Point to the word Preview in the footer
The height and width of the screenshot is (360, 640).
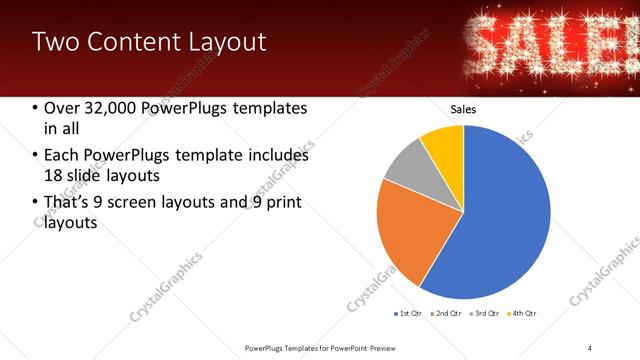coord(390,347)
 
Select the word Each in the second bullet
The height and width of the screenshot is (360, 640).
coord(61,156)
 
